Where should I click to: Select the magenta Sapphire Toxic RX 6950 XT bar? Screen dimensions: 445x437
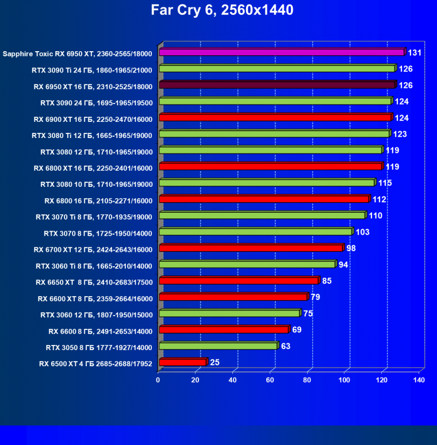(x=281, y=52)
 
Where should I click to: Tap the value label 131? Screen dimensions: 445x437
(x=416, y=53)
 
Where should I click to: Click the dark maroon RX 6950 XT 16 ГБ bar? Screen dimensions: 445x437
(x=277, y=85)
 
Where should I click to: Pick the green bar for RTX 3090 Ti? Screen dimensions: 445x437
(x=277, y=69)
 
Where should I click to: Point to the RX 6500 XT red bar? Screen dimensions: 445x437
(x=182, y=362)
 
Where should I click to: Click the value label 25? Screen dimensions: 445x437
(x=214, y=362)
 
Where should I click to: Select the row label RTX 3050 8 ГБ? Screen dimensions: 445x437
(x=99, y=347)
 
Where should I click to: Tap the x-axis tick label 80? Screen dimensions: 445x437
(x=308, y=380)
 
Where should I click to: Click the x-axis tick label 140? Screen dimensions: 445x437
(x=419, y=380)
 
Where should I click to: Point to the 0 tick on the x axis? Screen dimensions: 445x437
(x=158, y=380)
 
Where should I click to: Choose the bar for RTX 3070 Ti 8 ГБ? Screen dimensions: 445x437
(x=262, y=216)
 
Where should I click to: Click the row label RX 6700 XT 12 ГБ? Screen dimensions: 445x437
(x=93, y=249)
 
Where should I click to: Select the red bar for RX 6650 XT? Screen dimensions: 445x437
(x=238, y=281)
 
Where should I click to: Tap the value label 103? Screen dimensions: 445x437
(x=362, y=232)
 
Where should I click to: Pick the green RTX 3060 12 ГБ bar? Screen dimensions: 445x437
(x=229, y=313)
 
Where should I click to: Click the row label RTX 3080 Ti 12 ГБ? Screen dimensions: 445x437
(x=92, y=135)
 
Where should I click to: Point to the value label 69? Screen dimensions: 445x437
(x=297, y=330)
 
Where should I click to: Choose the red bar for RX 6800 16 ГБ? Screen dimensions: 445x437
(x=263, y=200)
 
